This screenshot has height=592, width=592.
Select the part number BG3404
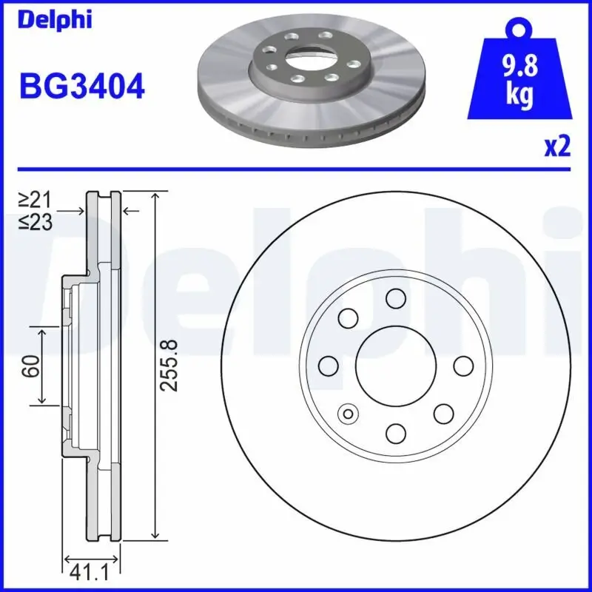coord(81,88)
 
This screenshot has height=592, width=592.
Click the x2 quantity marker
coord(557,148)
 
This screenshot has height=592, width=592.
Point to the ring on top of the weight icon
coord(518,29)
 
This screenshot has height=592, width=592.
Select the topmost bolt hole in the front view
coord(396,298)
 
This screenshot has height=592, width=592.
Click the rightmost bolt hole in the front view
coord(462,366)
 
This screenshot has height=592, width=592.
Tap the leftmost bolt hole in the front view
coord(328,365)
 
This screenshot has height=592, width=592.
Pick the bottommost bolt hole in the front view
coord(396,432)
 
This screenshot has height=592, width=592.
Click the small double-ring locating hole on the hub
coord(346,413)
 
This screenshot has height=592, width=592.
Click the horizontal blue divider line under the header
coord(296,168)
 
